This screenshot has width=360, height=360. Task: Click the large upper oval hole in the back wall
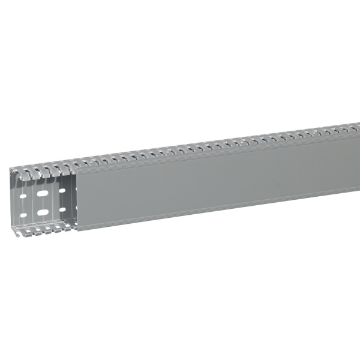43,194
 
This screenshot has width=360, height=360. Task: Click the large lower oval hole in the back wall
43,212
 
